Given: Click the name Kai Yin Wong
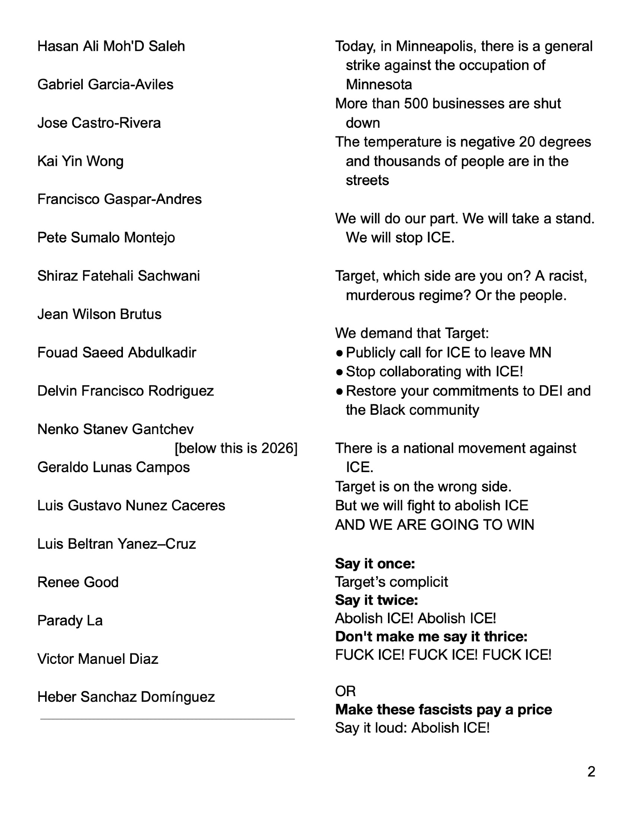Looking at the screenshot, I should click(80, 161).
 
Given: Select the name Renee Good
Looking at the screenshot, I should click(78, 582).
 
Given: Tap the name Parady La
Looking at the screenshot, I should click(70, 620).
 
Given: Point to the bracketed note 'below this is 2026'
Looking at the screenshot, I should click(236, 448).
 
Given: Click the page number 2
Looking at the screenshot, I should click(591, 771).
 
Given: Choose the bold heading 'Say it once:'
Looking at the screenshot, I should click(375, 563).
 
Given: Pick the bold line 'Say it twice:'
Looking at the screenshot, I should click(377, 600).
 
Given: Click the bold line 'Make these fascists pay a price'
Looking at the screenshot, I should click(443, 709).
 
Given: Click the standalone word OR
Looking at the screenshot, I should click(345, 691).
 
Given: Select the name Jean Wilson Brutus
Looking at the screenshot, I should click(99, 314).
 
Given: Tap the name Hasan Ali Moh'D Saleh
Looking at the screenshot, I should click(111, 46).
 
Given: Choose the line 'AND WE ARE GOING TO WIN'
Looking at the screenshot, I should click(434, 525).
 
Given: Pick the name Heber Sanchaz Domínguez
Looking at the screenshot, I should click(126, 697).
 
